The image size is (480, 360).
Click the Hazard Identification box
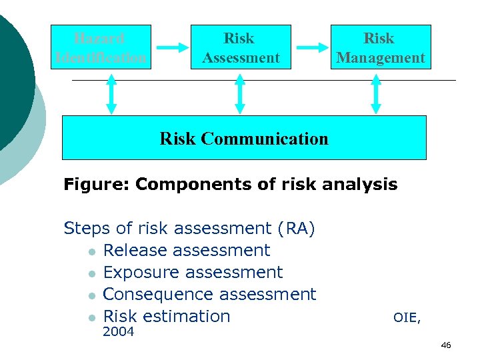tap(101, 47)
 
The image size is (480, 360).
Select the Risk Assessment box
tap(241, 47)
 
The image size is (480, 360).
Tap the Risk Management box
tap(381, 47)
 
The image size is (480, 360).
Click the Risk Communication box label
tap(244, 139)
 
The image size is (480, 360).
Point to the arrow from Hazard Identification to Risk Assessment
tap(173, 47)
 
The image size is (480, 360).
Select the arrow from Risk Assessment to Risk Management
tap(312, 47)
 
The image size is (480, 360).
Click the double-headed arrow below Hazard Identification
tap(111, 94)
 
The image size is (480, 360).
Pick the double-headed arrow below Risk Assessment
tap(240, 94)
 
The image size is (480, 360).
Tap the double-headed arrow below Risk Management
tap(376, 94)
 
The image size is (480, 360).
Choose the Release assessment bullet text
tap(187, 251)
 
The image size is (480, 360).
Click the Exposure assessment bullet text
tap(193, 273)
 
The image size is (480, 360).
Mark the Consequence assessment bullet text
tap(210, 295)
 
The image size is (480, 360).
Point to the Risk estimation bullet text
tap(167, 317)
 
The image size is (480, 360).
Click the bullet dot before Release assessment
tap(91, 252)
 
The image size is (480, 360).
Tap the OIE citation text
tap(407, 318)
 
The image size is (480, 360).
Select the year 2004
tap(119, 331)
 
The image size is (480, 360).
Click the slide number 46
tap(446, 345)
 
